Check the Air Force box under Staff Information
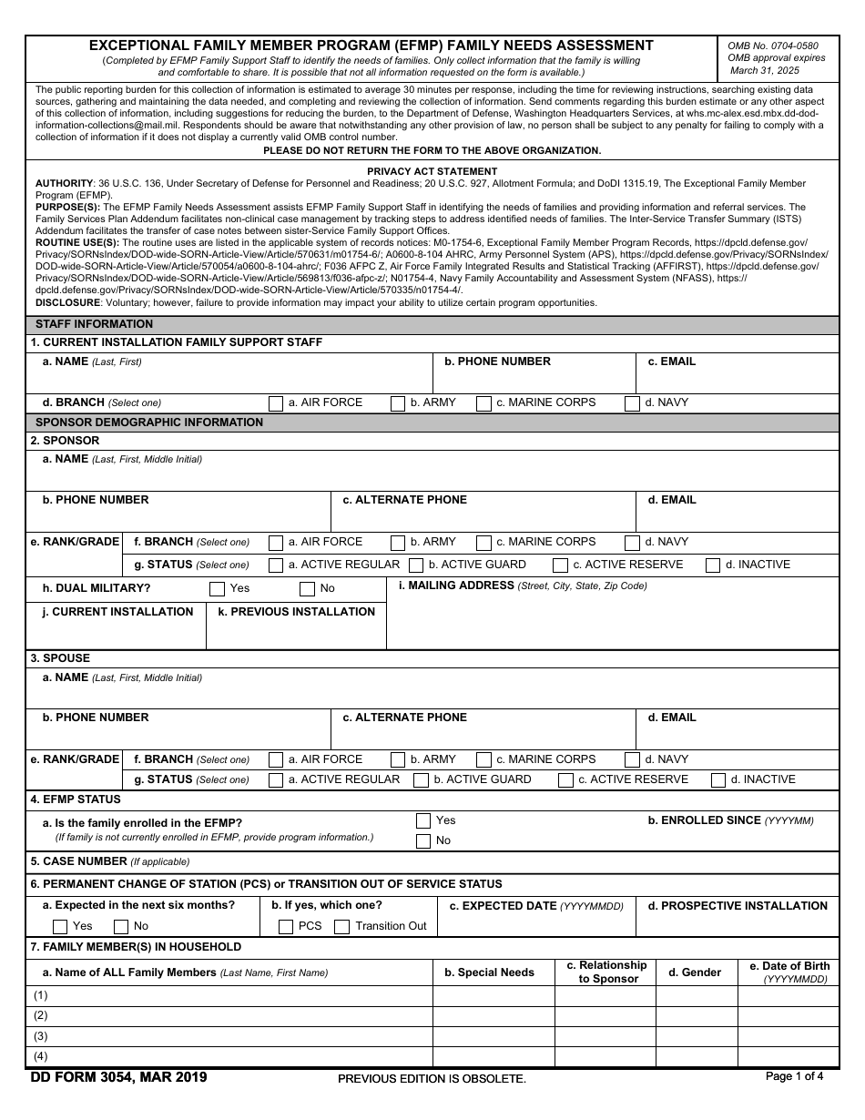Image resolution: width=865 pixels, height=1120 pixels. pyautogui.click(x=276, y=403)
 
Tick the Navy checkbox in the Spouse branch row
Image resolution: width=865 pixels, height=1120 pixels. pyautogui.click(x=632, y=760)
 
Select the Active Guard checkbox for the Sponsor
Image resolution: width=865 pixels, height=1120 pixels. pyautogui.click(x=416, y=565)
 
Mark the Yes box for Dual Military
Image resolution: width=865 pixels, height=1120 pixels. pyautogui.click(x=217, y=589)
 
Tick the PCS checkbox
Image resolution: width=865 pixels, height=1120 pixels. pyautogui.click(x=285, y=927)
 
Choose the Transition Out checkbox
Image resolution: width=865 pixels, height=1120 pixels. pyautogui.click(x=341, y=927)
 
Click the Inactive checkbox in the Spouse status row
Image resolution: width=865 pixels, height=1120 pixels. pyautogui.click(x=718, y=780)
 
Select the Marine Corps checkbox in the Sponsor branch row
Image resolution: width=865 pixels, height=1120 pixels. pyautogui.click(x=483, y=543)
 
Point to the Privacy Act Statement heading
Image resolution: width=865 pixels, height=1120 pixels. pyautogui.click(x=432, y=171)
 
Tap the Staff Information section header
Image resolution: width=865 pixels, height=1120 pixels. pyautogui.click(x=94, y=324)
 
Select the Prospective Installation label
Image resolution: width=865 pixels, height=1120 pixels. pyautogui.click(x=738, y=906)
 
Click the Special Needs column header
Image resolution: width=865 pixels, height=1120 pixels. pyautogui.click(x=489, y=972)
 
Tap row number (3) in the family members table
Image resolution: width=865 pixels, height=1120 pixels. pyautogui.click(x=41, y=1036)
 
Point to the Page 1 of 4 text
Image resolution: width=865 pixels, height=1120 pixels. pyautogui.click(x=794, y=1076)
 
